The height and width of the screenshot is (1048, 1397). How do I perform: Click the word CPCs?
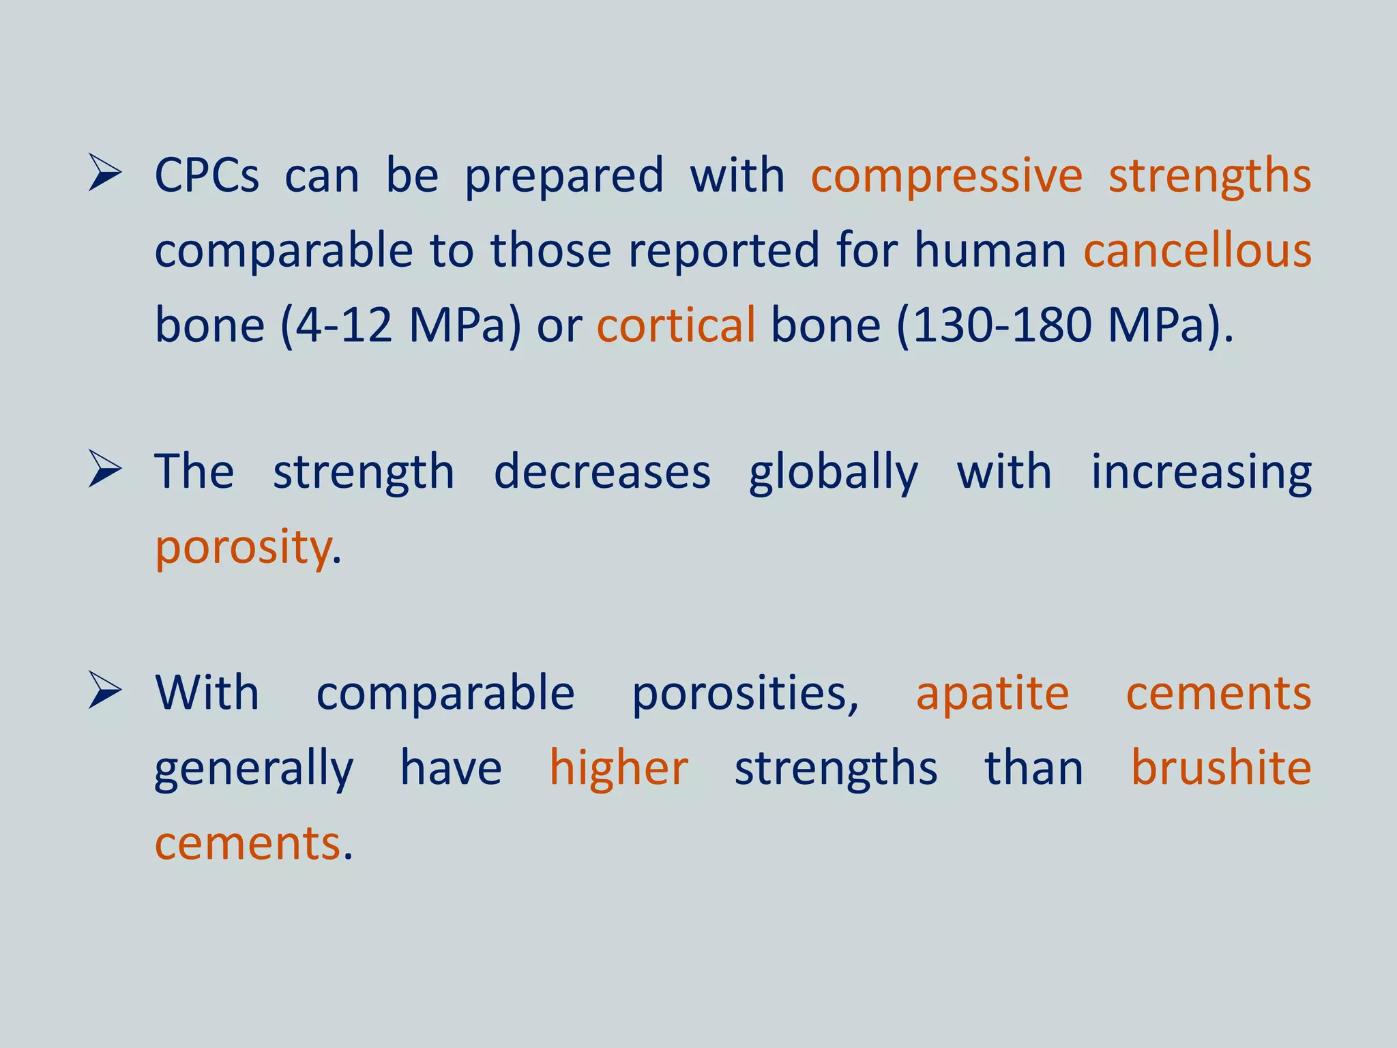[x=207, y=175]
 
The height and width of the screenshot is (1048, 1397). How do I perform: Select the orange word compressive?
[x=946, y=177]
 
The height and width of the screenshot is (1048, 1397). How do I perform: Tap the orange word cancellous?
[x=1197, y=250]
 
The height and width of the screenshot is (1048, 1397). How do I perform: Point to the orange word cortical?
[x=675, y=325]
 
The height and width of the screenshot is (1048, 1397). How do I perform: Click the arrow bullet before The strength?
[x=105, y=470]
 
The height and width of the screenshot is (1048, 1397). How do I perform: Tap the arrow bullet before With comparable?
[x=105, y=692]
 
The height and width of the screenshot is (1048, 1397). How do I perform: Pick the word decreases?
[x=602, y=472]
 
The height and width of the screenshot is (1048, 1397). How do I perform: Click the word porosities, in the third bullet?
[x=745, y=695]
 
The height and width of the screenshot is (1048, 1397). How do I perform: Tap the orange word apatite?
[x=992, y=695]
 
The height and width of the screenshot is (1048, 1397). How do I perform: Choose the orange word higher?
[x=619, y=769]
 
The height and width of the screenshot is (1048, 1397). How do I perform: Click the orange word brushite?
[x=1220, y=768]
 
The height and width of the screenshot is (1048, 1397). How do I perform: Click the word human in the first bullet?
[x=990, y=250]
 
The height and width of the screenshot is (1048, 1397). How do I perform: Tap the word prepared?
[x=564, y=177]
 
